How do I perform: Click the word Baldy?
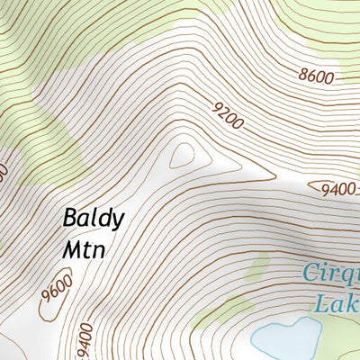pos(94,220)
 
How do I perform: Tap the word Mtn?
pos(84,248)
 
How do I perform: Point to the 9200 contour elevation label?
pos(229,116)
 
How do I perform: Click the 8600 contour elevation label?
pos(317,77)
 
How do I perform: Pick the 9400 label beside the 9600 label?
pos(85,341)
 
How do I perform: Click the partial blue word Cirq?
pos(331,273)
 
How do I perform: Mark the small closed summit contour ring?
pos(184,155)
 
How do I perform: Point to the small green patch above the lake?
pos(256,266)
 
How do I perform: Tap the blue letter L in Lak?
pos(320,301)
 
